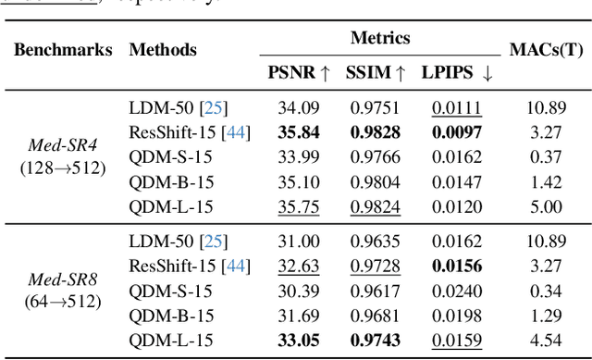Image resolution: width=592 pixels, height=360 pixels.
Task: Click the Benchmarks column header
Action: point(63,50)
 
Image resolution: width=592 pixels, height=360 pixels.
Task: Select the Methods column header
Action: point(163,50)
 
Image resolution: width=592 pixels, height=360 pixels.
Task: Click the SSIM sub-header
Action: point(376,71)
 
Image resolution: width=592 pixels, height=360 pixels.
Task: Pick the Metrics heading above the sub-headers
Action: point(380,39)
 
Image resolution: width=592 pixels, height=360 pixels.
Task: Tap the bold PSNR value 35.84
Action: point(298,131)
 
